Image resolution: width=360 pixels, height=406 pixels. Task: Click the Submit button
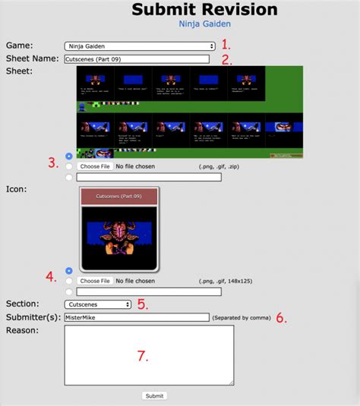(154, 395)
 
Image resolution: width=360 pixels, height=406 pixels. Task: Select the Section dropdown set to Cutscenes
(97, 304)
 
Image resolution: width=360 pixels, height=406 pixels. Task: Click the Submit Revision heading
(204, 9)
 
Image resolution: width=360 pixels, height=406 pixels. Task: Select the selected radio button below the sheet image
(70, 156)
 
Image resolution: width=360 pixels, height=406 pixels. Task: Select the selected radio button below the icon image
(70, 270)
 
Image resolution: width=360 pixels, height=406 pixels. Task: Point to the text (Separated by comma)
(242, 318)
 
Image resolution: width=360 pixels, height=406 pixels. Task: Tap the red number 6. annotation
(281, 318)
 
